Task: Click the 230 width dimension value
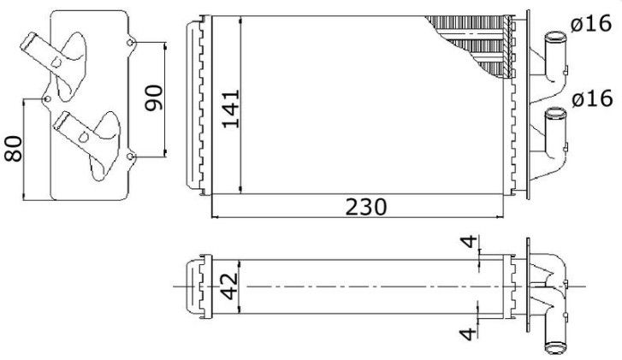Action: tap(365, 207)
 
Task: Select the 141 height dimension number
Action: tap(231, 109)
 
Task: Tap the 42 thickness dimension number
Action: tap(229, 286)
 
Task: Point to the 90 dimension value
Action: tap(153, 98)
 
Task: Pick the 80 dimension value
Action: tap(13, 149)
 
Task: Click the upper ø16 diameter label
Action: tap(591, 24)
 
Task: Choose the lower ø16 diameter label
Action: tap(592, 98)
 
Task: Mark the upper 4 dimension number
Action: tap(470, 241)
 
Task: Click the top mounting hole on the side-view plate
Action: tap(130, 43)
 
